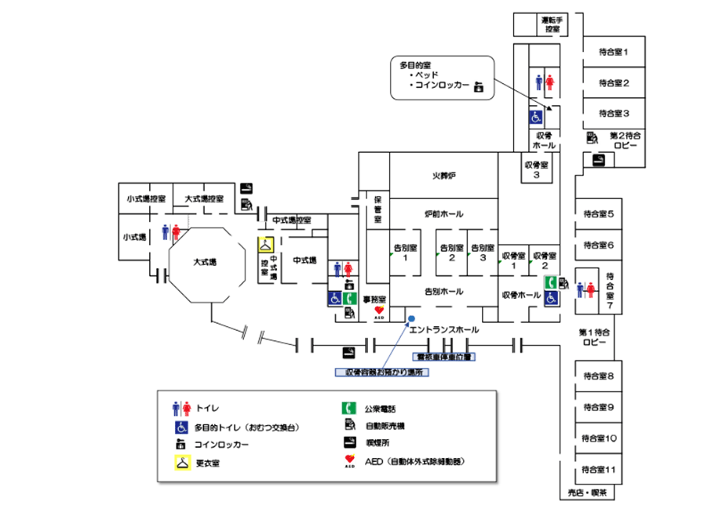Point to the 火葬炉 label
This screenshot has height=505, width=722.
coord(444,177)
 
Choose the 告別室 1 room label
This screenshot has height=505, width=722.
coord(405,252)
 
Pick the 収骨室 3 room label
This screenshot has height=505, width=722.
coord(535,170)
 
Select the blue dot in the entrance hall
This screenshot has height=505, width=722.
coord(410,318)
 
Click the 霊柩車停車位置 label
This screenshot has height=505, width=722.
coord(444,357)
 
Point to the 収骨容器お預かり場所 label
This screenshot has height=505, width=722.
coord(379,373)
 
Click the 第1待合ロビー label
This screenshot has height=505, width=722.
coord(594,338)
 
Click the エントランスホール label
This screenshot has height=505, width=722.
coord(444,331)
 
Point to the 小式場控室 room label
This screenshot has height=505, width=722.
coord(145,199)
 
